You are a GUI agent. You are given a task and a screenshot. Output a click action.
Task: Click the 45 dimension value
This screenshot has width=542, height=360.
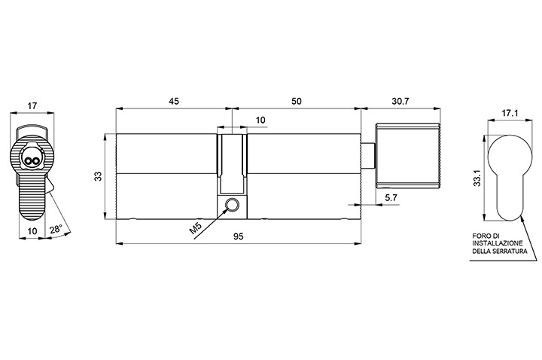point(174,101)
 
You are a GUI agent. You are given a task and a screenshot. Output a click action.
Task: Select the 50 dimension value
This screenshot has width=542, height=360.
point(297,101)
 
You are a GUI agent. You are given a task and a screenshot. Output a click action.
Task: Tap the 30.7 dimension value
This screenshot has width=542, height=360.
point(400,101)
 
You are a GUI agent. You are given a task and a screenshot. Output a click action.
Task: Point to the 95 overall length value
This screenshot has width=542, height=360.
point(238,236)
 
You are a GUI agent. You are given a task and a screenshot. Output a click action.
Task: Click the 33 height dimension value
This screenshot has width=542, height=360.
point(99,176)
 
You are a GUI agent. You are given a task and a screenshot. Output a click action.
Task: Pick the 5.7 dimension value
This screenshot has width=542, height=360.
point(391,198)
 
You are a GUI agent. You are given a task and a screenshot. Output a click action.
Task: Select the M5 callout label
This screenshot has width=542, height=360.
point(195,229)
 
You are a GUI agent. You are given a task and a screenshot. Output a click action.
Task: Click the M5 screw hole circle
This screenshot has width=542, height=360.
point(232,204)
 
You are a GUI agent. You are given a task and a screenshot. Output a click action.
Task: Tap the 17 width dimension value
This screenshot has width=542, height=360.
point(32,106)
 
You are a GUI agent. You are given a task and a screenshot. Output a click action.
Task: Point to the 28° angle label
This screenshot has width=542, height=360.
point(56,230)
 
